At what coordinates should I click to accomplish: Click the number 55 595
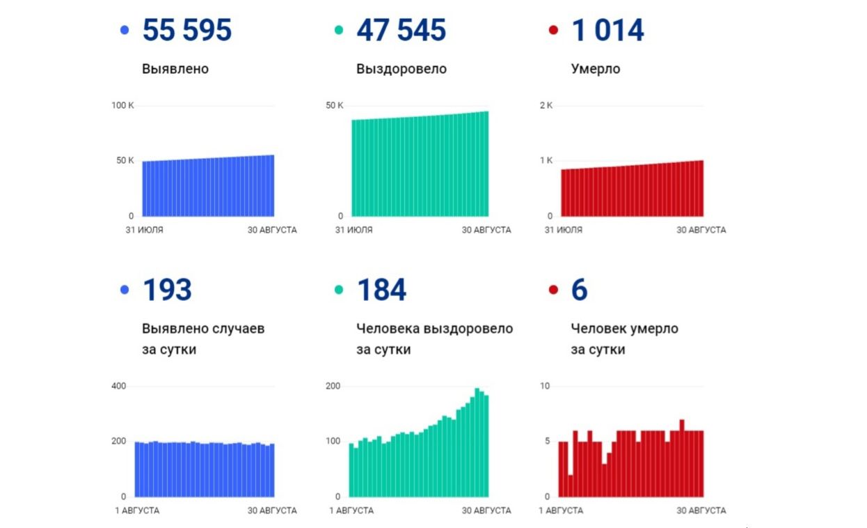point(186,31)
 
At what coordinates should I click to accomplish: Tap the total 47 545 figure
point(401,31)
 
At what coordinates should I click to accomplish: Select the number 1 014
point(607,31)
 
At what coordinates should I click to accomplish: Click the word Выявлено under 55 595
point(175,69)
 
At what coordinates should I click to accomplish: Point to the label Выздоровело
point(401,69)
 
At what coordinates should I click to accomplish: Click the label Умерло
point(596,69)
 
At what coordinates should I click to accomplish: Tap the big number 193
point(167,290)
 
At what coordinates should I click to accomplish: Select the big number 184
point(381,290)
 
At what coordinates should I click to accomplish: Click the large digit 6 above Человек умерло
point(580,290)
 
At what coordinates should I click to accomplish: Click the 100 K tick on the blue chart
point(122,106)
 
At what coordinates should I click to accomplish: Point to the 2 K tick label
point(546,106)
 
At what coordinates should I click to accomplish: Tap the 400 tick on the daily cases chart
point(119,386)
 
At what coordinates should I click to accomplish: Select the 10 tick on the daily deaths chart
point(545,386)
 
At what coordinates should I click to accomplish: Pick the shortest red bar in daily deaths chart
point(571,486)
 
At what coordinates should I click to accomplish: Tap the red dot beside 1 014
point(553,31)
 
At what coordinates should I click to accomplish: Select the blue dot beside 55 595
point(125,31)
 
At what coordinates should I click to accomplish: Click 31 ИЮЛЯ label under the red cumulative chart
point(564,230)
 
